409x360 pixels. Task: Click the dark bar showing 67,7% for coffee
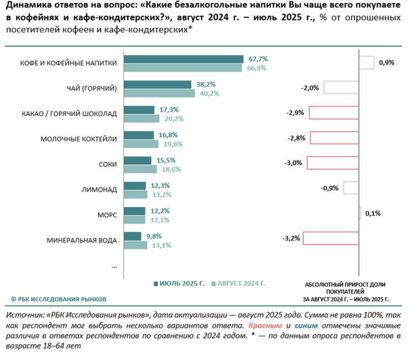pyautogui.click(x=183, y=59)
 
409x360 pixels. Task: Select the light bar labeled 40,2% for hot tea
pyautogui.click(x=159, y=93)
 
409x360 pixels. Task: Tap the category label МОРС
pyautogui.click(x=107, y=215)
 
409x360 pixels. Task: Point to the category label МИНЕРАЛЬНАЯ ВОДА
pyautogui.click(x=82, y=241)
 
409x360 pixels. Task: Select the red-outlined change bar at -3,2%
pyautogui.click(x=331, y=238)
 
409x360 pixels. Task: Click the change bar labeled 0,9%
pyautogui.click(x=366, y=63)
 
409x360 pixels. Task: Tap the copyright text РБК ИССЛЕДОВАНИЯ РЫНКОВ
pyautogui.click(x=59, y=299)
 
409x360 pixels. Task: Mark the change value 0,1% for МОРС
pyautogui.click(x=373, y=214)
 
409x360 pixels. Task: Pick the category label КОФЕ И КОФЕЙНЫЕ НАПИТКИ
pyautogui.click(x=69, y=63)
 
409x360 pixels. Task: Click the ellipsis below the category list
pyautogui.click(x=114, y=266)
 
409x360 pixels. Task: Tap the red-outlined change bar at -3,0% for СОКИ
pyautogui.click(x=333, y=163)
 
